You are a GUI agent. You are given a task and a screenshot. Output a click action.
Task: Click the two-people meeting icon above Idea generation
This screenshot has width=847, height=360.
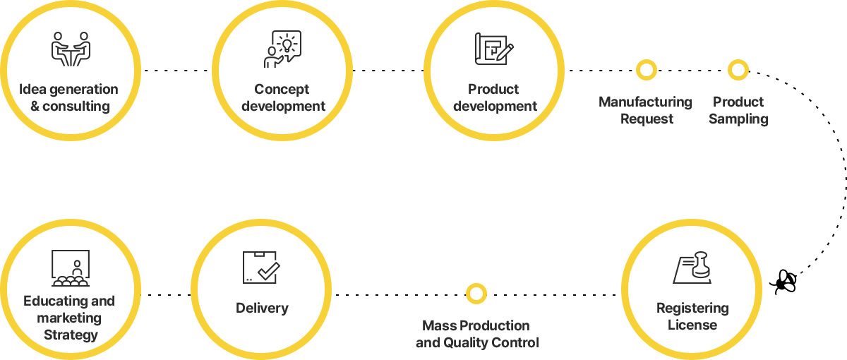(71, 49)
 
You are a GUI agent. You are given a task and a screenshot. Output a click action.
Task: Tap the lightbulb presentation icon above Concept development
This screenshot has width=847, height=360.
(282, 49)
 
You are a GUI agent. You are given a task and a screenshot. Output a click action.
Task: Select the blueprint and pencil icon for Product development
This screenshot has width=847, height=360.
(494, 49)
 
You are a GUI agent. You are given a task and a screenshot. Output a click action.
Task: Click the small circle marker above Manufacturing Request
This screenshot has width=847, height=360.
(646, 70)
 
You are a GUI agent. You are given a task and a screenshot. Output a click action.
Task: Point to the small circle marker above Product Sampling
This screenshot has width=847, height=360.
(738, 70)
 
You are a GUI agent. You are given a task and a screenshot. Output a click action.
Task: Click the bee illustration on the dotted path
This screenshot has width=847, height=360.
(783, 281)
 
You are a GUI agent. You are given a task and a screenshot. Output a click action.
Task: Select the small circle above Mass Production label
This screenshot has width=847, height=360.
(476, 293)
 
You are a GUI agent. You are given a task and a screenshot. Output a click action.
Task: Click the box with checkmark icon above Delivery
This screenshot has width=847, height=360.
(260, 267)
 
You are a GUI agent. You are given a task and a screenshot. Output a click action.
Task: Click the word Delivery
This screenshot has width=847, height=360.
(262, 308)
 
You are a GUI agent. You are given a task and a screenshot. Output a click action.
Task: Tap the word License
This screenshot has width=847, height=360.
(692, 325)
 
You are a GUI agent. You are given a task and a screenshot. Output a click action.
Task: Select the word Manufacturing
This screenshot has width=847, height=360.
(645, 102)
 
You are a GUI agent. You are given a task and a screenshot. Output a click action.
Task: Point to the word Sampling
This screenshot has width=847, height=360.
(738, 119)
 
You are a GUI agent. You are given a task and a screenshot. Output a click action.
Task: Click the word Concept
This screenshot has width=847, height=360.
(282, 89)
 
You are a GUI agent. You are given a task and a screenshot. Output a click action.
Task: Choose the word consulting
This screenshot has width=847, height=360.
(76, 107)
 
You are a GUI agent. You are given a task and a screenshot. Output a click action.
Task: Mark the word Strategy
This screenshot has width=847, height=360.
(71, 335)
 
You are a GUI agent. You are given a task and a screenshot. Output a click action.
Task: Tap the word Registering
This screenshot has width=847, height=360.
(692, 308)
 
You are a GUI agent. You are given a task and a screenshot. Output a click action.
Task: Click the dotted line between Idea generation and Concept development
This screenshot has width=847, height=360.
(176, 71)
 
